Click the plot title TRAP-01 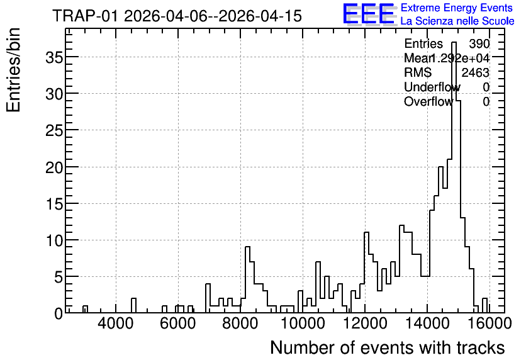pyautogui.click(x=86, y=16)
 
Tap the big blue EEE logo pyautogui.click(x=369, y=14)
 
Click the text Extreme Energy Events pyautogui.click(x=457, y=8)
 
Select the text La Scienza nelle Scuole pyautogui.click(x=457, y=21)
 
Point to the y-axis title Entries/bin pyautogui.click(x=13, y=70)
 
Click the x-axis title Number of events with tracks pyautogui.click(x=388, y=347)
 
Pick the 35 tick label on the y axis pyautogui.click(x=54, y=57)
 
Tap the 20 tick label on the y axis pyautogui.click(x=54, y=167)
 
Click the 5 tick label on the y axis pyautogui.click(x=59, y=277)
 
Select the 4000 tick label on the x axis pyautogui.click(x=116, y=323)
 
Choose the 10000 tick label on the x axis pyautogui.click(x=303, y=323)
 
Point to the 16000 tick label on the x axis pyautogui.click(x=489, y=323)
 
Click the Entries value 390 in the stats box pyautogui.click(x=479, y=43)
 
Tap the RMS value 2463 pyautogui.click(x=475, y=72)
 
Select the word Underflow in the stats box pyautogui.click(x=432, y=87)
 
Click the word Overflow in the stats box pyautogui.click(x=428, y=101)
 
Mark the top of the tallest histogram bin pyautogui.click(x=454, y=42)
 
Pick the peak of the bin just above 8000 pyautogui.click(x=247, y=247)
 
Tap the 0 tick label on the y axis pyautogui.click(x=59, y=313)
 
